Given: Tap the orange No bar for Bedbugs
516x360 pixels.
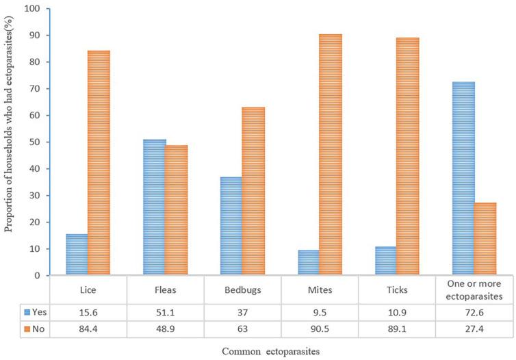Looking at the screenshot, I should (x=253, y=192).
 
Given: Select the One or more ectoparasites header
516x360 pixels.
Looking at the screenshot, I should (x=474, y=289).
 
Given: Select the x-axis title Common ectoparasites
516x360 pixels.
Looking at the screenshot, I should (x=266, y=350).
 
